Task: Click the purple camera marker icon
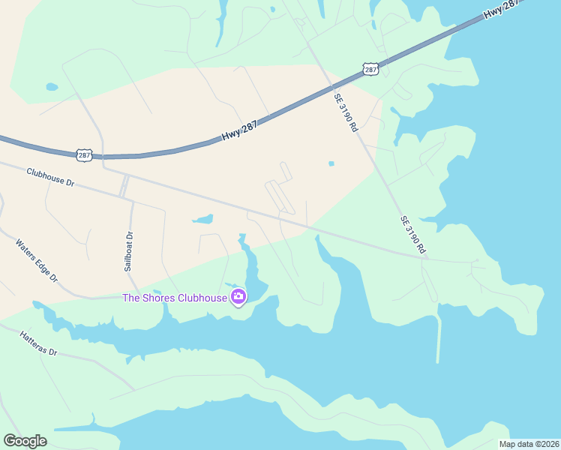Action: point(238,297)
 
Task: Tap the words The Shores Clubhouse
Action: point(175,298)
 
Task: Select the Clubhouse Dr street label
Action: point(51,177)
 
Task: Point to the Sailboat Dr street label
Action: point(129,250)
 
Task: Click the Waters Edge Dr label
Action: point(37,259)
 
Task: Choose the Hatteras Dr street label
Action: point(38,341)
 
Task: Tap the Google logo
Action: point(25,441)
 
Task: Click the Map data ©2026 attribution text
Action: point(529,444)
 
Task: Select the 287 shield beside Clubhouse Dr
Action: point(84,155)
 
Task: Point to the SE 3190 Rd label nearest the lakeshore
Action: point(413,234)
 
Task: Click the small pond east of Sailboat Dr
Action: point(202,220)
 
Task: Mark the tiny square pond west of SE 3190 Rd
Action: point(331,163)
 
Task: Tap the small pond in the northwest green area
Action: point(51,87)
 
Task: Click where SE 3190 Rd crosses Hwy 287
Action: point(328,84)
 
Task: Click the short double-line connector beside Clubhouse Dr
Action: point(124,186)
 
